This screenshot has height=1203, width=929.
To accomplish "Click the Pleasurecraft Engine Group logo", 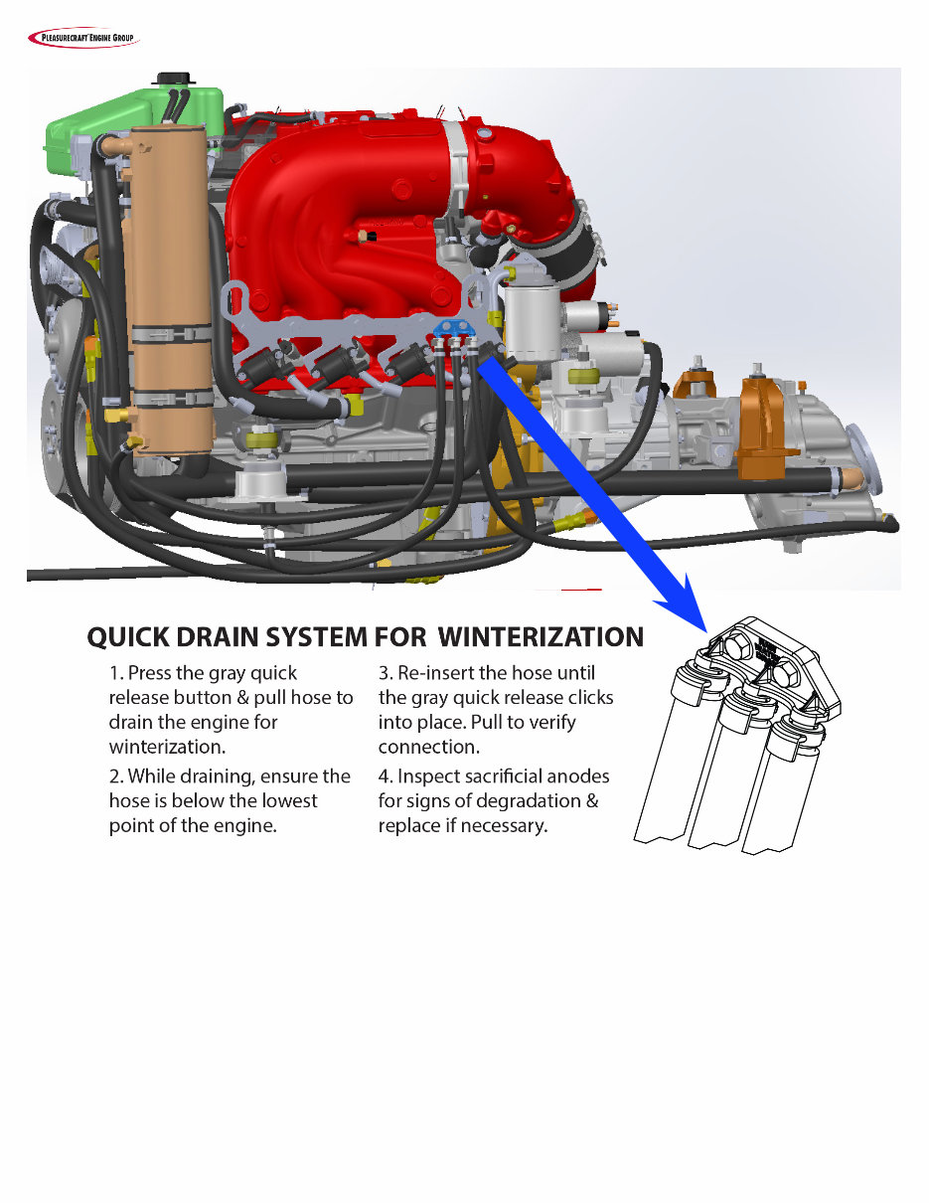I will click(x=83, y=39).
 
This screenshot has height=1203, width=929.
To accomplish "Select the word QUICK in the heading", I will click(x=129, y=636).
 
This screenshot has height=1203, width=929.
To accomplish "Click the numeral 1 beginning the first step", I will click(x=114, y=673).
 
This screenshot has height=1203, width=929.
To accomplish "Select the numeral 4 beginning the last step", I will click(x=385, y=776).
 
